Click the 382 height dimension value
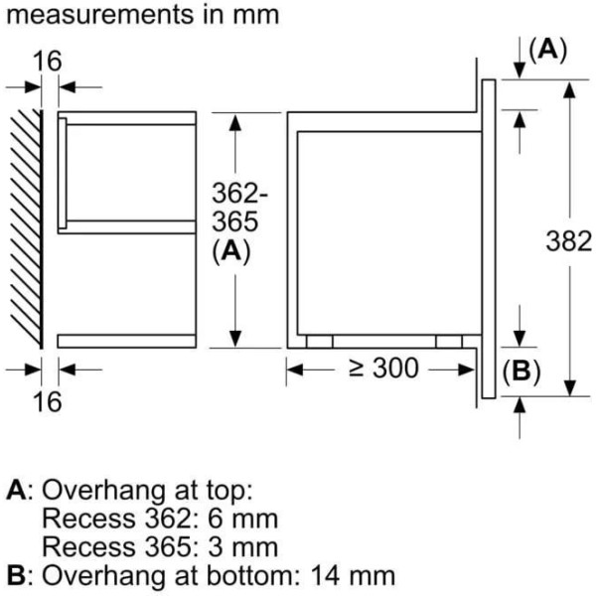(569, 240)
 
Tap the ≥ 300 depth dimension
(383, 370)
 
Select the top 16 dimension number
(46, 62)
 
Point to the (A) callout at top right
(547, 50)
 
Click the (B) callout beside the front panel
(521, 372)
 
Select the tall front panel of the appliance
(488, 238)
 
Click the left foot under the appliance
(320, 341)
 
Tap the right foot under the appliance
(448, 341)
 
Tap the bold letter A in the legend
(15, 490)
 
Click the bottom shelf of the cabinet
(127, 341)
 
